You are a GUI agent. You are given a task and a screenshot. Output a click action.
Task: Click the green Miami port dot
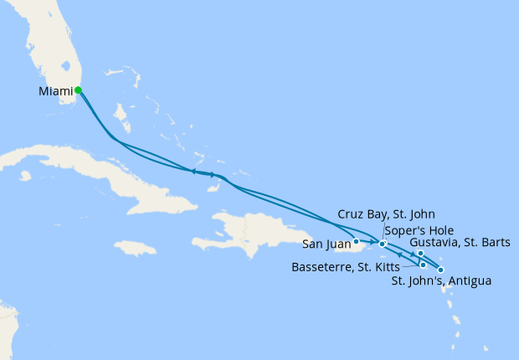coord(78,90)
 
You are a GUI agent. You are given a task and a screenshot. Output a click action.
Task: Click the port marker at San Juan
coord(357,241)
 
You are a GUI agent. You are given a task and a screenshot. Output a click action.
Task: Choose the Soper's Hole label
coord(410,230)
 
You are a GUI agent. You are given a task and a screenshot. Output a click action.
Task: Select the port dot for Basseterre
coord(424,265)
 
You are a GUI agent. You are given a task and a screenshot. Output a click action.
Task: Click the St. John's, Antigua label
coord(441,281)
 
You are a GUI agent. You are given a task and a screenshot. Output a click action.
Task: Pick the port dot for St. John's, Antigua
coord(440,270)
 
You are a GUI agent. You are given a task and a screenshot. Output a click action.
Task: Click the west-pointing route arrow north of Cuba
coord(193,172)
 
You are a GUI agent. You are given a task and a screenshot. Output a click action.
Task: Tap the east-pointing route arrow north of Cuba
coord(213,175)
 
